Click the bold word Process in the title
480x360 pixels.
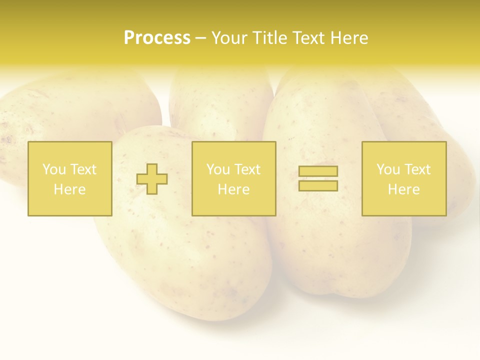tap(157, 38)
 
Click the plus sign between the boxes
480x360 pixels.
tap(152, 179)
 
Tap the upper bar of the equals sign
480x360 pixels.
tap(318, 171)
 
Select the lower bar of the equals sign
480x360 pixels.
tap(318, 186)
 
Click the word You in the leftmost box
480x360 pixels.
tap(54, 169)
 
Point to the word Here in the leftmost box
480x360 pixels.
tap(69, 189)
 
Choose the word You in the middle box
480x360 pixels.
tap(218, 169)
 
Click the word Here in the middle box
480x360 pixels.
tap(233, 189)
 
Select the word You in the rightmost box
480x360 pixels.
tap(388, 169)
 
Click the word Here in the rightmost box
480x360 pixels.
tap(403, 189)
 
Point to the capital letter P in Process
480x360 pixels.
tap(129, 38)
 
